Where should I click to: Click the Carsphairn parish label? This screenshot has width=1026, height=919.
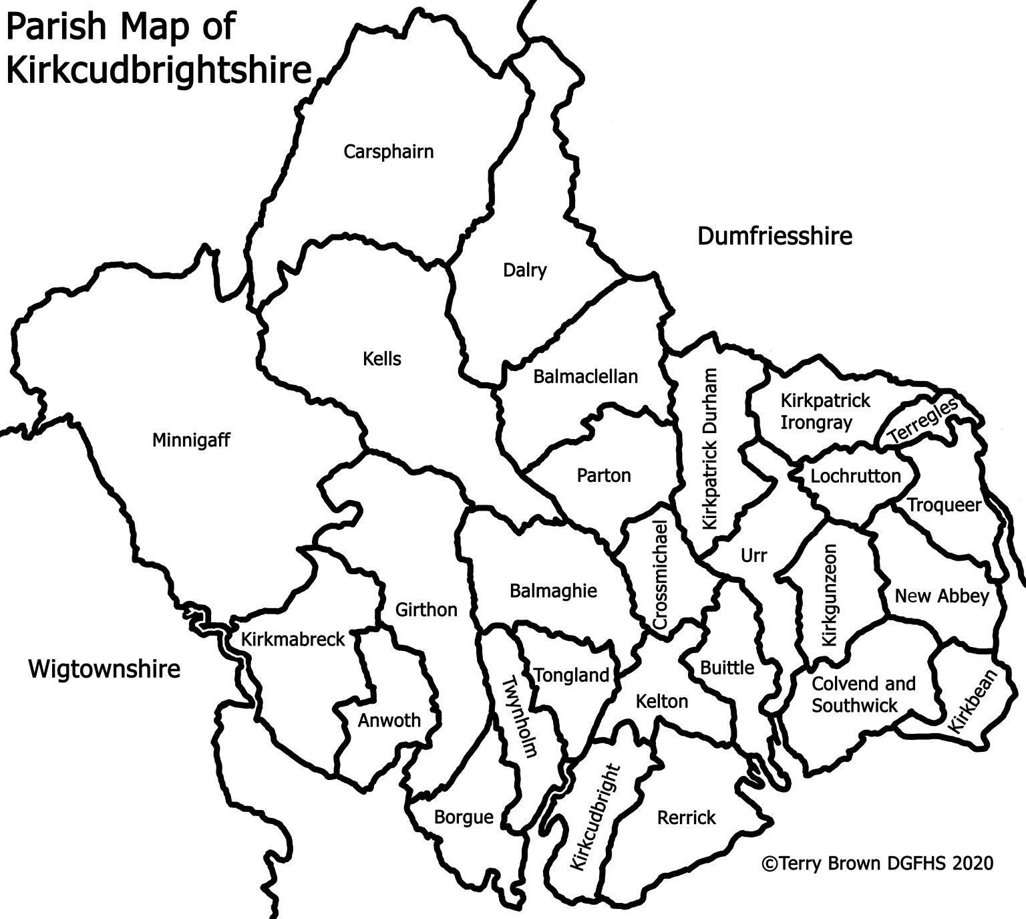pyautogui.click(x=388, y=152)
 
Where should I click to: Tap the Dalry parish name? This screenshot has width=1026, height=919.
pyautogui.click(x=524, y=271)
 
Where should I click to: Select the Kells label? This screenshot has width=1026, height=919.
pyautogui.click(x=382, y=359)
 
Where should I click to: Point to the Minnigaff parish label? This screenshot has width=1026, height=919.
pyautogui.click(x=191, y=440)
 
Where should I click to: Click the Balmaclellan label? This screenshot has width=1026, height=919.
pyautogui.click(x=585, y=376)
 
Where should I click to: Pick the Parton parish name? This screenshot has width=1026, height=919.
pyautogui.click(x=603, y=475)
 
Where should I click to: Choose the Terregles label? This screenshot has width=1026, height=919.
pyautogui.click(x=922, y=422)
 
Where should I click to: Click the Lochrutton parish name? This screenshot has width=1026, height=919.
pyautogui.click(x=856, y=477)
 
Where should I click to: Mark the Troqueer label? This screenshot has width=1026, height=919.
pyautogui.click(x=944, y=505)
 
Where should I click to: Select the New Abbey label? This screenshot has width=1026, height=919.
pyautogui.click(x=941, y=596)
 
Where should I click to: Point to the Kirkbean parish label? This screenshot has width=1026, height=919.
pyautogui.click(x=971, y=702)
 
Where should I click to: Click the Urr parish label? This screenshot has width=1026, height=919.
pyautogui.click(x=754, y=555)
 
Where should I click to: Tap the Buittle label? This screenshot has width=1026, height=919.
pyautogui.click(x=727, y=668)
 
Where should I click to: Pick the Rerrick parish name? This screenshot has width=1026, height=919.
pyautogui.click(x=686, y=817)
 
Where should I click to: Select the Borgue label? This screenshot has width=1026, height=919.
pyautogui.click(x=464, y=817)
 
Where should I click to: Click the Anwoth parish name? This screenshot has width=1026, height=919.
pyautogui.click(x=389, y=720)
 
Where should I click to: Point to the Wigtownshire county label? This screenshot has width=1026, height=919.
pyautogui.click(x=104, y=668)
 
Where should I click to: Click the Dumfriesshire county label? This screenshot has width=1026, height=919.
pyautogui.click(x=775, y=236)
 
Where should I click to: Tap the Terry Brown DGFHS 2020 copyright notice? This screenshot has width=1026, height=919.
pyautogui.click(x=877, y=864)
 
